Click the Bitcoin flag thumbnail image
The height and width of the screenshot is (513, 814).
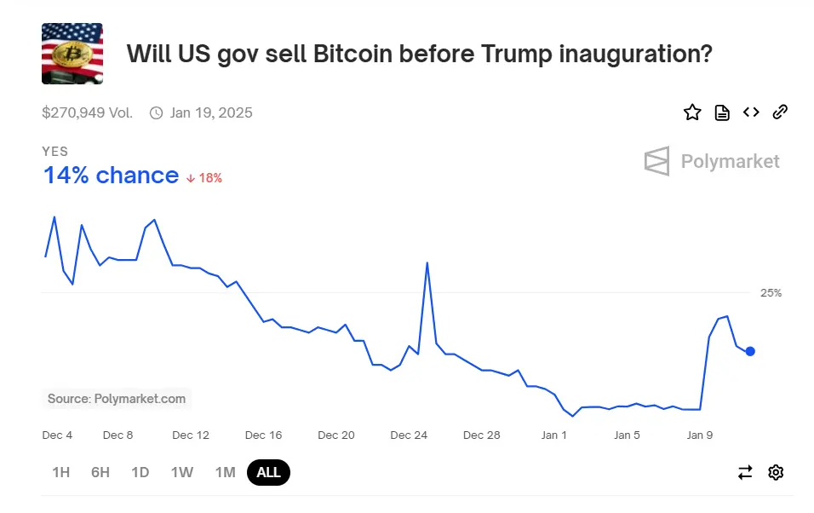point(72,54)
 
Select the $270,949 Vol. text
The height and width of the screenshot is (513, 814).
point(87,112)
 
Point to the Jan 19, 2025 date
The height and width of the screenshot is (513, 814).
point(210,112)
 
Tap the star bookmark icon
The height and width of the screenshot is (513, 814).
point(692,112)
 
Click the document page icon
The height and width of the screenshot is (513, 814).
point(722,112)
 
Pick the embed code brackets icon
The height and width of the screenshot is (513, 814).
point(751,112)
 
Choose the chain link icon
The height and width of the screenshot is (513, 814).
point(779,112)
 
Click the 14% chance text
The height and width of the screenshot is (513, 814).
point(111,176)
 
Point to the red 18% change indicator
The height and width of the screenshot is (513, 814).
point(204,178)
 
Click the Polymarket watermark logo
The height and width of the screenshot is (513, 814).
point(712,161)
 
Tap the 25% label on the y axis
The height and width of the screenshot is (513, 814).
point(771,292)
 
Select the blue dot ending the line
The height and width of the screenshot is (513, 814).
point(750,351)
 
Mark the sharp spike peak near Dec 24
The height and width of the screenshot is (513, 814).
point(427,262)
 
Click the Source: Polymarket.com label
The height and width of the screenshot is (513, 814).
point(117,398)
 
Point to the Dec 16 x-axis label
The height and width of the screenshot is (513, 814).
point(263,435)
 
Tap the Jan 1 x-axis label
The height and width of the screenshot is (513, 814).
point(554,435)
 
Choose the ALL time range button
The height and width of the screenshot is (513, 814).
point(268,472)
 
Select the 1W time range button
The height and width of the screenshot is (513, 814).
point(181,472)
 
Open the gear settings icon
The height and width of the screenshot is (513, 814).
point(776,472)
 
